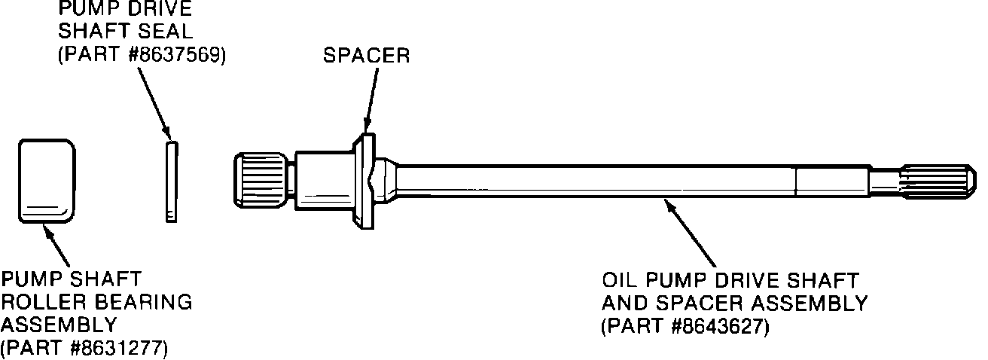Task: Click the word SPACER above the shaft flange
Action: (367, 56)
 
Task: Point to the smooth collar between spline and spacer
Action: (323, 181)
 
